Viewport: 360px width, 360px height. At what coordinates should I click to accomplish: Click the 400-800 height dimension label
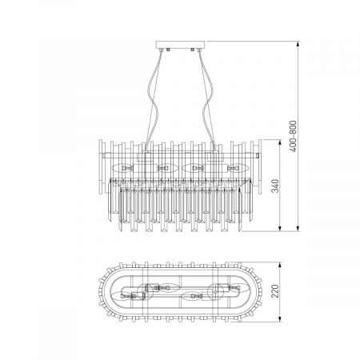pyautogui.click(x=293, y=136)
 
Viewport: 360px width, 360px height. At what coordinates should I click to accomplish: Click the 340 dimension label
pyautogui.click(x=274, y=186)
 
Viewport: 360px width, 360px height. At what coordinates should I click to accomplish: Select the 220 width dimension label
pyautogui.click(x=274, y=291)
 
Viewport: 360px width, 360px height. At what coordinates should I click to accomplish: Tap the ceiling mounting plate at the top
pyautogui.click(x=181, y=44)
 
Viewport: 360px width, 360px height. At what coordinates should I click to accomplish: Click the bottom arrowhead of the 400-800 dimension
pyautogui.click(x=298, y=228)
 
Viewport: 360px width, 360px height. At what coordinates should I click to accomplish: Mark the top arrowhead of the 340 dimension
pyautogui.click(x=280, y=142)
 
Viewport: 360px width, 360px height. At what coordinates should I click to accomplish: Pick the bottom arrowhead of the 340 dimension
pyautogui.click(x=280, y=228)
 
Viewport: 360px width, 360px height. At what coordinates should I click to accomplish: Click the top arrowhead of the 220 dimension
pyautogui.click(x=280, y=266)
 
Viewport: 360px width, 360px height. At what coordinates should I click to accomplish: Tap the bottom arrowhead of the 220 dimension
pyautogui.click(x=280, y=318)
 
